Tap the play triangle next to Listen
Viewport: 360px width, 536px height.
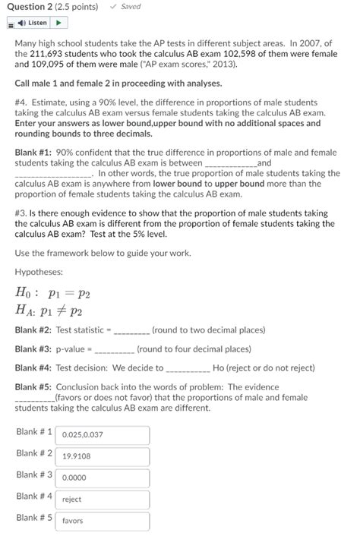[59, 23]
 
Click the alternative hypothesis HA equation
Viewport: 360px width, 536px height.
[49, 311]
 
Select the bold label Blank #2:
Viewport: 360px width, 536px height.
[33, 330]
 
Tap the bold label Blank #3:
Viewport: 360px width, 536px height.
[33, 349]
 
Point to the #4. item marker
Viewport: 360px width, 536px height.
[21, 102]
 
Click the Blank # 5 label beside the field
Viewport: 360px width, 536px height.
[34, 518]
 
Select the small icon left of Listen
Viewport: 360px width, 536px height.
[10, 24]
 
